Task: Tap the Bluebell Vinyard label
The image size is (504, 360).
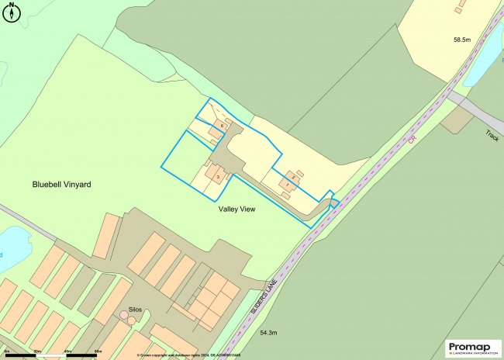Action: pyautogui.click(x=62, y=185)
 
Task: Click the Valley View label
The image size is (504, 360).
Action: pyautogui.click(x=237, y=209)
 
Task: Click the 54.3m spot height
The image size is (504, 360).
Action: pyautogui.click(x=269, y=333)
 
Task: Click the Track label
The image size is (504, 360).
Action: pyautogui.click(x=492, y=136)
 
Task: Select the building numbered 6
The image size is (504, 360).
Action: pyautogui.click(x=223, y=124)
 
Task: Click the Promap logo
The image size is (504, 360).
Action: pyautogui.click(x=473, y=348)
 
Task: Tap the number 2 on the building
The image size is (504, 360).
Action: pyautogui.click(x=293, y=178)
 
